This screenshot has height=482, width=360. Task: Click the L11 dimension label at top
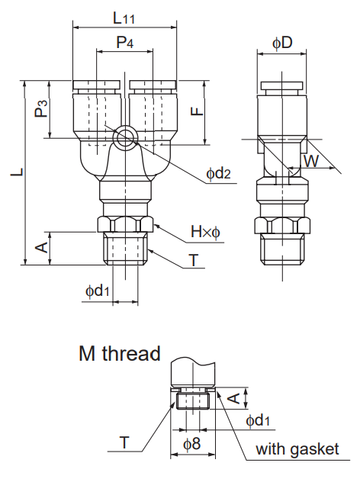(124, 17)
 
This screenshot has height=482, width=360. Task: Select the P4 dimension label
(124, 43)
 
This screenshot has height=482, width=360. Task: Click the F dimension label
(197, 110)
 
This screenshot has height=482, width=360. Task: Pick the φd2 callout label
(217, 175)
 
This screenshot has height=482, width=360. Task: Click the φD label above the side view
(282, 43)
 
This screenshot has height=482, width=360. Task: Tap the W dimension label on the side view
(310, 161)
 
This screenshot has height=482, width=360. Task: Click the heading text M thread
(119, 354)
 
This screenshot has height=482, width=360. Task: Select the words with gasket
(297, 449)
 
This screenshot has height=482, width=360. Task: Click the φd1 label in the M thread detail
(258, 420)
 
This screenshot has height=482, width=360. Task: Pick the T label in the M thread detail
(124, 442)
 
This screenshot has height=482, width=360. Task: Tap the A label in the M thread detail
(236, 397)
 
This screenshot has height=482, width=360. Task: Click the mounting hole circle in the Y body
(124, 137)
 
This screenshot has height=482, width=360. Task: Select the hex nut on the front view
(125, 226)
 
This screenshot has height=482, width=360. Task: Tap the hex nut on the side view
(282, 226)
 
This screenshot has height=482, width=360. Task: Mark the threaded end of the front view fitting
(125, 249)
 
